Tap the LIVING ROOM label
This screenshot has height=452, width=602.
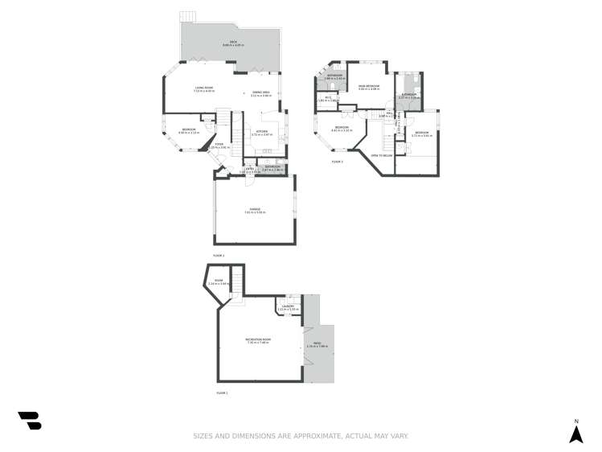(x=203, y=88)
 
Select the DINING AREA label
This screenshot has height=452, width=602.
(x=260, y=93)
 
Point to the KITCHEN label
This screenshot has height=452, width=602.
(x=261, y=133)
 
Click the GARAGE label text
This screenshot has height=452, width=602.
(x=254, y=210)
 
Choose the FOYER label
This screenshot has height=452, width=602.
(x=219, y=145)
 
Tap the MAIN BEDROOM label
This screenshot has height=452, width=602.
(x=369, y=85)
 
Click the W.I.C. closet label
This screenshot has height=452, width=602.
(x=328, y=98)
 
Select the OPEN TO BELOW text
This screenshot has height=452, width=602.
(x=380, y=154)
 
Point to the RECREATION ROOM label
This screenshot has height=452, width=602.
(x=258, y=340)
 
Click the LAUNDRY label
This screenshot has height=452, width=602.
(x=288, y=306)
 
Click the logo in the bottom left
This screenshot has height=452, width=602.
(x=30, y=420)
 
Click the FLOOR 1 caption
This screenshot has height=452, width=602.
(x=222, y=392)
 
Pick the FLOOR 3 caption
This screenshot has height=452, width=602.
(x=337, y=162)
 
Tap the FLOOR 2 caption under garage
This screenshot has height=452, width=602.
(x=218, y=256)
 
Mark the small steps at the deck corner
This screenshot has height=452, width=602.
(x=187, y=16)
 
